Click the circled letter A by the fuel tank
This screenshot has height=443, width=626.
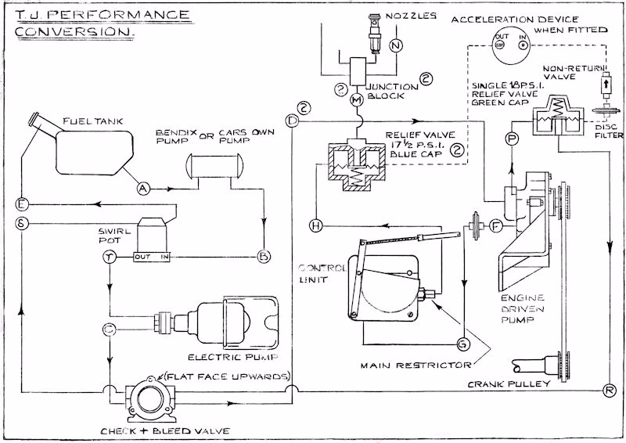click(x=143, y=188)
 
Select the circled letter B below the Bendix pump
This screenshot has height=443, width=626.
click(x=264, y=256)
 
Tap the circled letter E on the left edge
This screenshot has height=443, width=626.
click(x=22, y=205)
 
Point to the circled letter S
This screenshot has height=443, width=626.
click(x=22, y=223)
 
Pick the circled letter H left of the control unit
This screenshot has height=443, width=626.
click(x=316, y=225)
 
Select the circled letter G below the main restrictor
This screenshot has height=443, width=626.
click(x=462, y=343)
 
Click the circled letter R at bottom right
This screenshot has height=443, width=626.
click(x=610, y=389)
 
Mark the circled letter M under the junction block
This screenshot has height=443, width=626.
click(x=356, y=100)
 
